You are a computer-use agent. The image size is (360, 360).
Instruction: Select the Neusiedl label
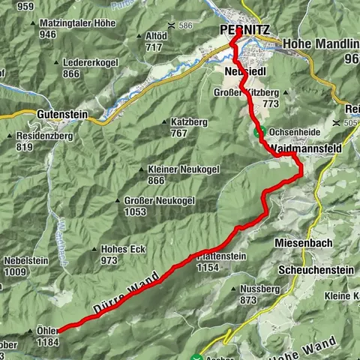coord(244,70)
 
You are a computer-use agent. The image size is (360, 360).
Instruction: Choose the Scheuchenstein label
coord(313,269)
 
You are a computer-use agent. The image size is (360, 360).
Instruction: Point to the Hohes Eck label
coord(116,249)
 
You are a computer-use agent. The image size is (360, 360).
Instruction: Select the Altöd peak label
coord(157,35)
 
